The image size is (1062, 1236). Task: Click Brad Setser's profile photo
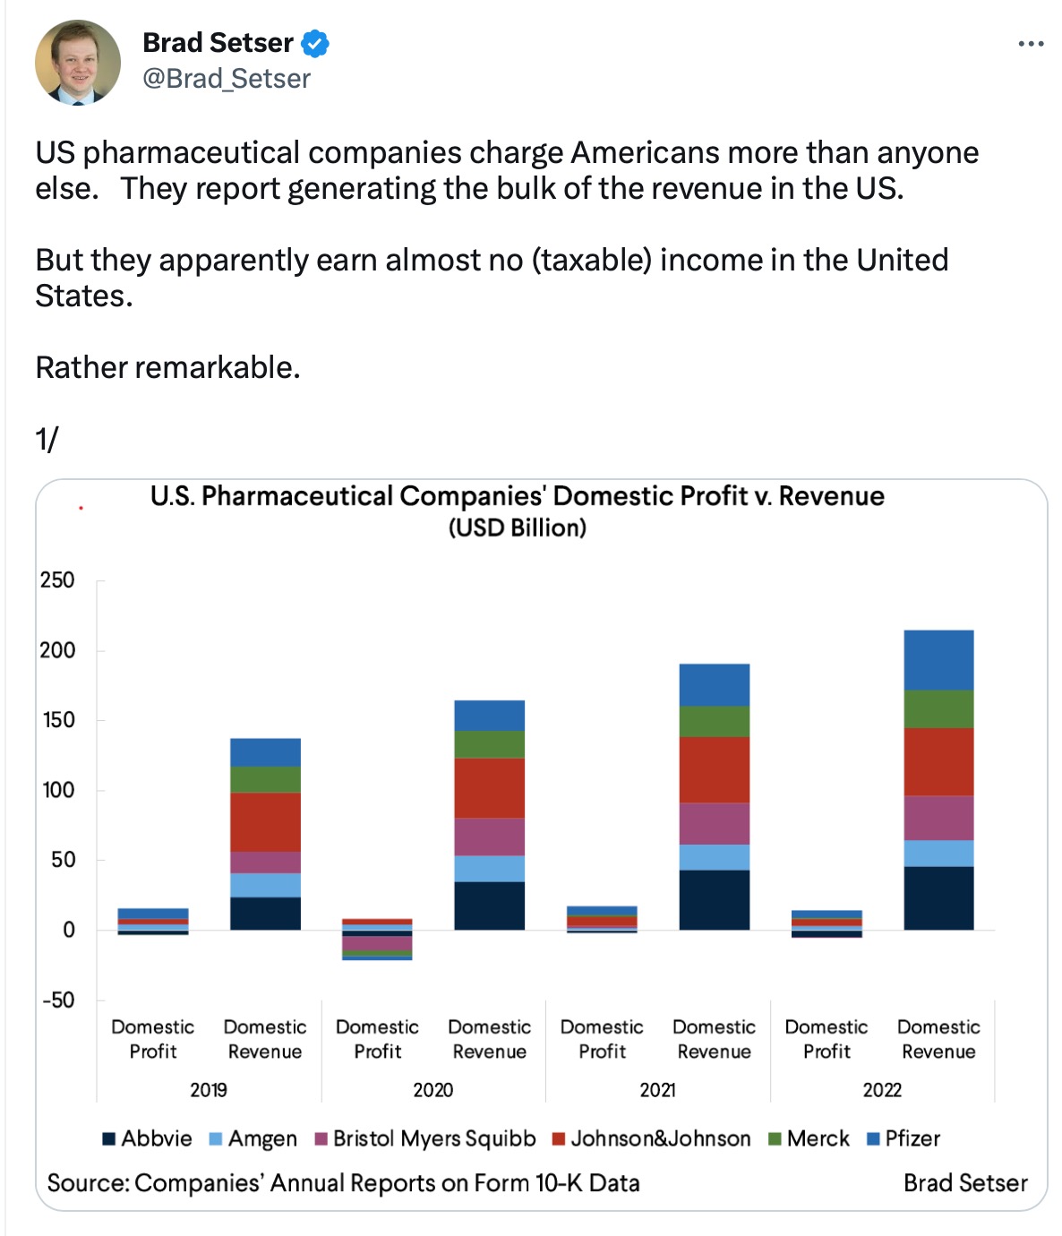click(x=78, y=62)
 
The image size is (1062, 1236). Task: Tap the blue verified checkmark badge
click(x=314, y=43)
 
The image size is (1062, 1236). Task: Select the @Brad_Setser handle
click(x=227, y=79)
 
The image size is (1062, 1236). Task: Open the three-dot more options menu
click(x=1031, y=44)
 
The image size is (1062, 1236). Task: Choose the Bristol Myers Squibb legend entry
click(x=425, y=1138)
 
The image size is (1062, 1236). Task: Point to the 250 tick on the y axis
click(x=57, y=580)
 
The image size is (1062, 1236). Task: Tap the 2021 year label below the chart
click(x=658, y=1090)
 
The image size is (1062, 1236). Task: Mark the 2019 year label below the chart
click(x=209, y=1090)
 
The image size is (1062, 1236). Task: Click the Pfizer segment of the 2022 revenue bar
click(x=938, y=660)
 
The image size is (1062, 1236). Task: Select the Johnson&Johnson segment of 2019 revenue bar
click(x=265, y=821)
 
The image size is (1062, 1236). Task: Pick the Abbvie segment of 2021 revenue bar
click(x=714, y=899)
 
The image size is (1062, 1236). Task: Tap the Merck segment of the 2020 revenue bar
click(x=489, y=744)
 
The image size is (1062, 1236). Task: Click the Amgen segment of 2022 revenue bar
click(x=938, y=853)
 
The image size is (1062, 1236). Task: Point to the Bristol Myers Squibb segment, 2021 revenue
click(x=714, y=823)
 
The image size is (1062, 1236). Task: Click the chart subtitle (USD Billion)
click(x=518, y=528)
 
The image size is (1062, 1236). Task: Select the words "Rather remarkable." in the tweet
click(x=167, y=367)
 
